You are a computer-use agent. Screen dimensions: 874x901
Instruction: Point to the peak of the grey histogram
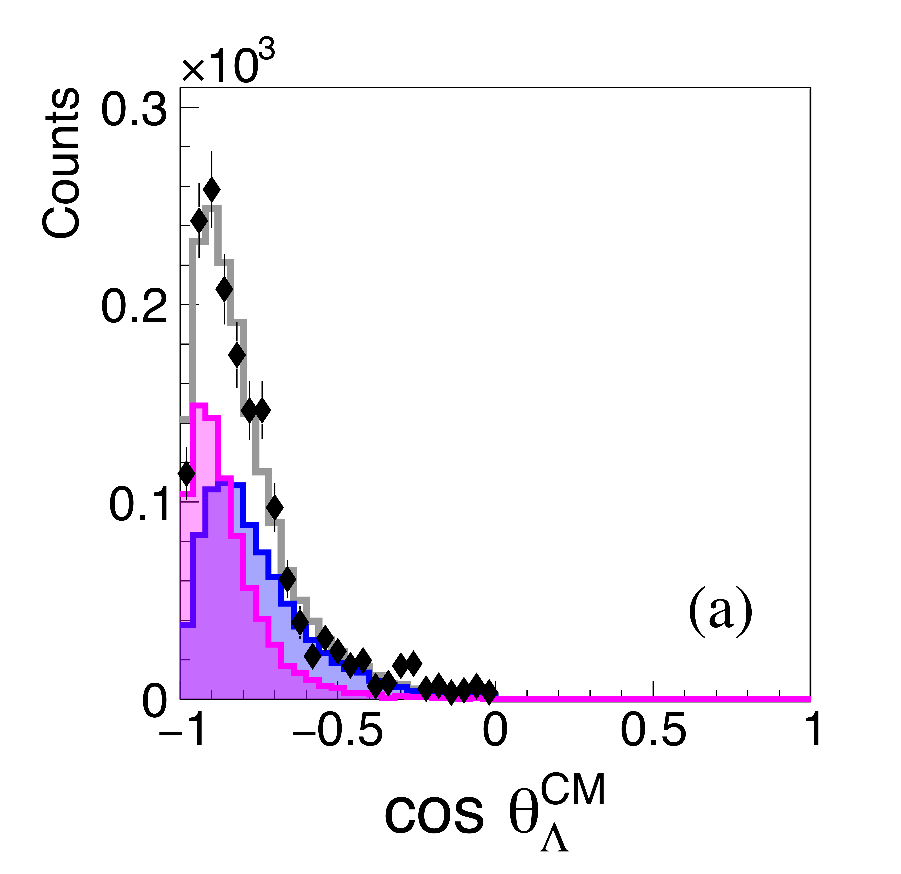[211, 207]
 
